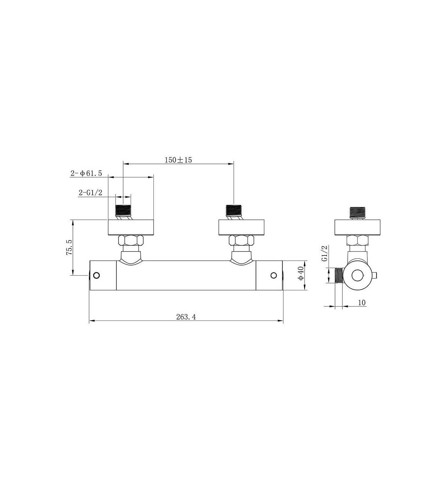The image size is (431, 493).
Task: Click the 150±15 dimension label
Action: coord(178,160)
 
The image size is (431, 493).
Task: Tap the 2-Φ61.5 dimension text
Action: coord(86,173)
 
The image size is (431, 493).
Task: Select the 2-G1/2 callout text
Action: coord(91,193)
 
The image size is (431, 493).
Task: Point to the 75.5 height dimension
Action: coord(69,248)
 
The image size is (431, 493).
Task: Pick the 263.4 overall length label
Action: coord(186,317)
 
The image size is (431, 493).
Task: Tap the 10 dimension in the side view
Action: coord(362,303)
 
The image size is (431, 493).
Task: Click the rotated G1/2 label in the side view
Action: coord(325,253)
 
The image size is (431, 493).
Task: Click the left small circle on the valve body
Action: coord(96,275)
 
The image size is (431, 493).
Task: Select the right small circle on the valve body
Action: coord(274,275)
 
